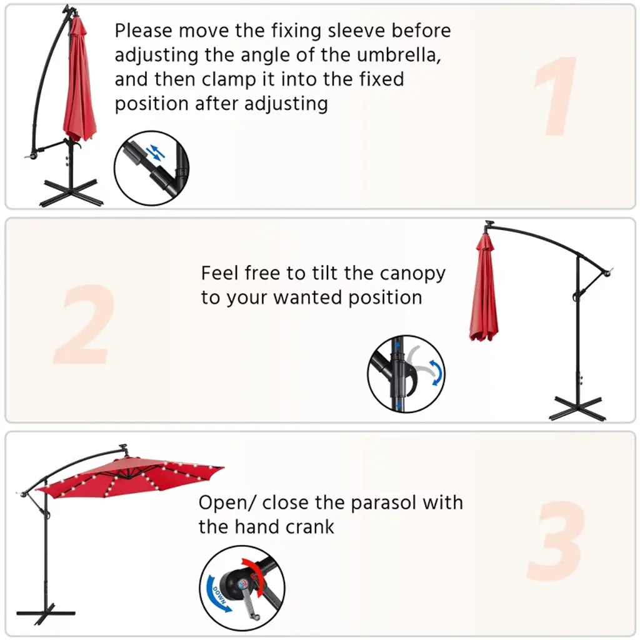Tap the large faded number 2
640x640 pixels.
(85, 324)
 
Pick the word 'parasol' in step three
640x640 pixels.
(384, 503)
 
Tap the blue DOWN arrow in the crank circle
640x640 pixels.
(219, 595)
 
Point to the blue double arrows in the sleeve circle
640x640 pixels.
(156, 152)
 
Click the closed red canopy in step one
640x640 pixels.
(79, 82)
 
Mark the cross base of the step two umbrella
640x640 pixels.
(577, 408)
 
